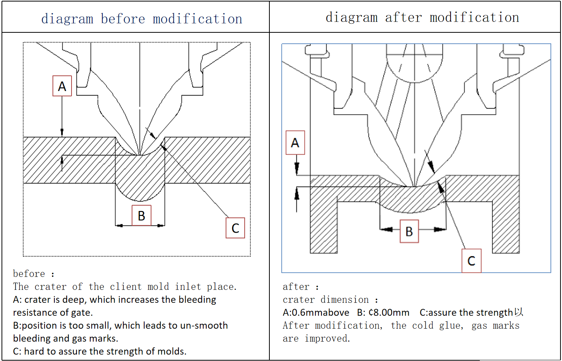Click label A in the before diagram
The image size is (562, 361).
click(x=62, y=86)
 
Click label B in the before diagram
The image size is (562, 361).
click(x=141, y=216)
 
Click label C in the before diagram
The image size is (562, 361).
click(x=235, y=228)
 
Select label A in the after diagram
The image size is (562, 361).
click(x=295, y=143)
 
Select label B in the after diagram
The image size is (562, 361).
click(x=409, y=231)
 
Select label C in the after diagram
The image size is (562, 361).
click(x=471, y=261)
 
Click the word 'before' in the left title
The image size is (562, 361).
click(x=123, y=19)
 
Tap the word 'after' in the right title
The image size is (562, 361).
click(x=403, y=17)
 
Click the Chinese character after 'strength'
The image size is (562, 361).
click(x=519, y=312)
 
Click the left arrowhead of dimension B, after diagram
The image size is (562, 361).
click(x=387, y=229)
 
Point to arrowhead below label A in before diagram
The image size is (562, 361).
click(x=62, y=133)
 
